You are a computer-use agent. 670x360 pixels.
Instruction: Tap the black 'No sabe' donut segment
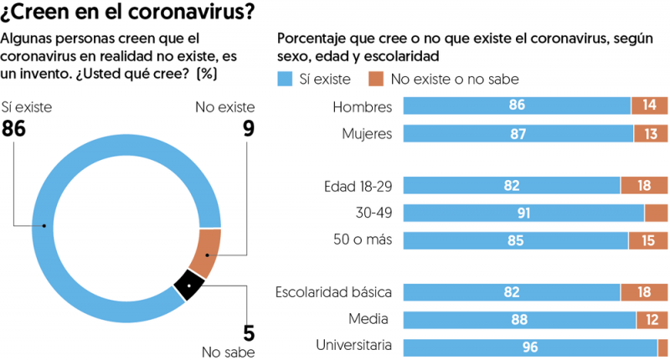[189, 286]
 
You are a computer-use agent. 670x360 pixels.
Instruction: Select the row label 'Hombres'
[362, 106]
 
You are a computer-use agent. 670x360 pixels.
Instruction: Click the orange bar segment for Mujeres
[651, 133]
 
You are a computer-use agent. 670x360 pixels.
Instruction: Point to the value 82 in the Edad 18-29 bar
[512, 186]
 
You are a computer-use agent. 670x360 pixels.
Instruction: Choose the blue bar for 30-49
[523, 213]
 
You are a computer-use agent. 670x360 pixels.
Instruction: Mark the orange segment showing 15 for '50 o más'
[648, 240]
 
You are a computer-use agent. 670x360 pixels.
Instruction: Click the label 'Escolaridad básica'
[334, 292]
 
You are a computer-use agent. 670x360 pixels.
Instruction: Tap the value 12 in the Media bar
[652, 320]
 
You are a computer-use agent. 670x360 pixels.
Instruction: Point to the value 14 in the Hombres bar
[650, 105]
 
